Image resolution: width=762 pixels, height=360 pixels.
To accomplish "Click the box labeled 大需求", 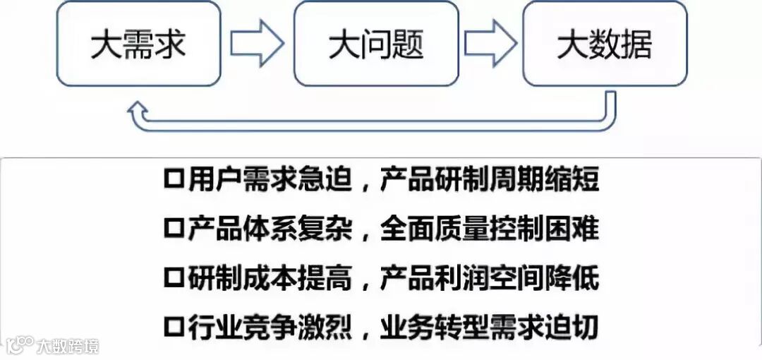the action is point(138,44).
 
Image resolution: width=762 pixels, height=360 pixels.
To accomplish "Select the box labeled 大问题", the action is point(376,44).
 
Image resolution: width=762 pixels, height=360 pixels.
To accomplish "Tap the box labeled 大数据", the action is point(605,44).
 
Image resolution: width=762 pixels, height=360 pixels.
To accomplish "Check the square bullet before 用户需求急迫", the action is point(173,180).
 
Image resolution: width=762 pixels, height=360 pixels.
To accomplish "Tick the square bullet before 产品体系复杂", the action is point(173,228).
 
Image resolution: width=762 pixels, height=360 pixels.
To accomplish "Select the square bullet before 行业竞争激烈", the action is point(173,327).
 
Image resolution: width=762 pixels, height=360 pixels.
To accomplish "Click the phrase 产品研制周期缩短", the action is point(489,180).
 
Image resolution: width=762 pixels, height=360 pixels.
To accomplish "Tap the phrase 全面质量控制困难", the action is point(489,228).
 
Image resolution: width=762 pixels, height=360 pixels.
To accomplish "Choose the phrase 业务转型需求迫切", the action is point(489,327).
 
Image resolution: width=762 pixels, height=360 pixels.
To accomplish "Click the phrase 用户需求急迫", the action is point(270,180).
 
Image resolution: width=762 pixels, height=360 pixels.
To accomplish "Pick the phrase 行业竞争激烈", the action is point(270,327).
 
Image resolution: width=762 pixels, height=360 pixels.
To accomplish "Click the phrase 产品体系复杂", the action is point(270,228).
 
